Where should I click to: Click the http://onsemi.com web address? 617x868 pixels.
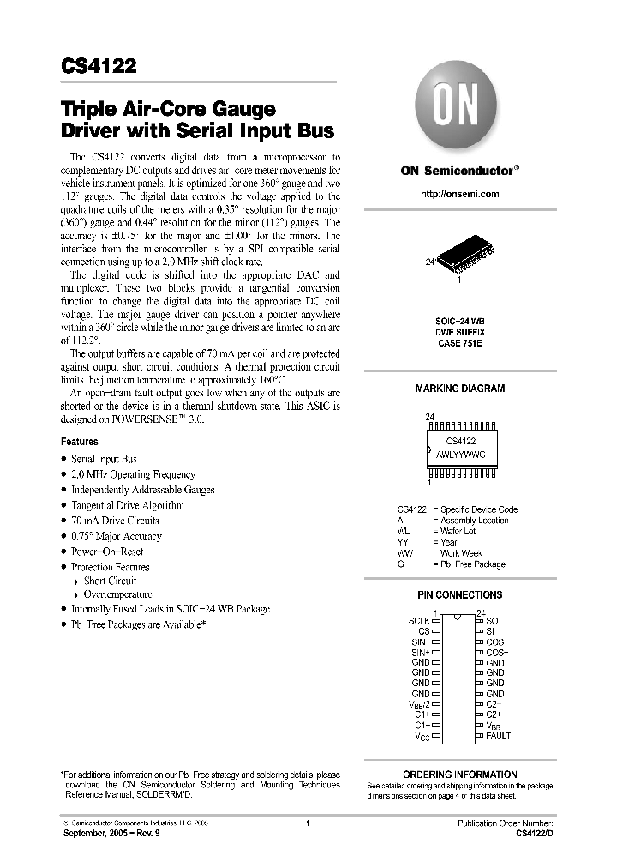tap(459, 194)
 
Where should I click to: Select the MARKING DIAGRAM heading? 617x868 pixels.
tap(459, 389)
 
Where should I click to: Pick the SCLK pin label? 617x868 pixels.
tap(418, 619)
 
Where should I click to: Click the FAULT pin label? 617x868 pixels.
tap(498, 736)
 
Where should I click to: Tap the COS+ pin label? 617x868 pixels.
tap(497, 642)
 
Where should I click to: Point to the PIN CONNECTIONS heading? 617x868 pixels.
tap(459, 594)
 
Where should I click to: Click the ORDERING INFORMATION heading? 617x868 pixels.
tap(459, 775)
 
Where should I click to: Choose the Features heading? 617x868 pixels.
tap(79, 442)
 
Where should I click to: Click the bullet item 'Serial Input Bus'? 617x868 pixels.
tap(104, 459)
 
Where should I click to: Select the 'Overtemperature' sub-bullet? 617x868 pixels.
tap(117, 594)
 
